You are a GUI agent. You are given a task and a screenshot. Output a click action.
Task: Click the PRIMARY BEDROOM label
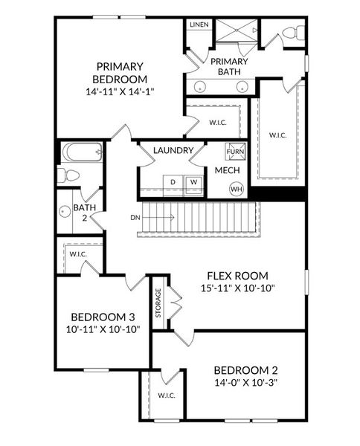120,72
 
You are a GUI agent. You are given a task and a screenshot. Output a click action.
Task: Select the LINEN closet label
199,25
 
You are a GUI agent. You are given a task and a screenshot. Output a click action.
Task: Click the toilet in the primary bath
291,34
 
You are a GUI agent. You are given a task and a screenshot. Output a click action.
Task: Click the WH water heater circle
237,189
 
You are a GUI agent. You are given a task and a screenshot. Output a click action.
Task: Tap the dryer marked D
173,181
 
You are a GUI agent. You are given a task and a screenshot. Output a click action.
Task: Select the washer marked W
193,181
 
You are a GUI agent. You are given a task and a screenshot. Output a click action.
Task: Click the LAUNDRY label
173,151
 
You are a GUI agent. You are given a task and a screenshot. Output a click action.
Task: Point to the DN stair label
135,218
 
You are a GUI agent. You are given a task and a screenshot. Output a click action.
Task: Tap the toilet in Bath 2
69,175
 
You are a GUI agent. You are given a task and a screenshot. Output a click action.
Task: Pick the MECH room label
226,170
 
